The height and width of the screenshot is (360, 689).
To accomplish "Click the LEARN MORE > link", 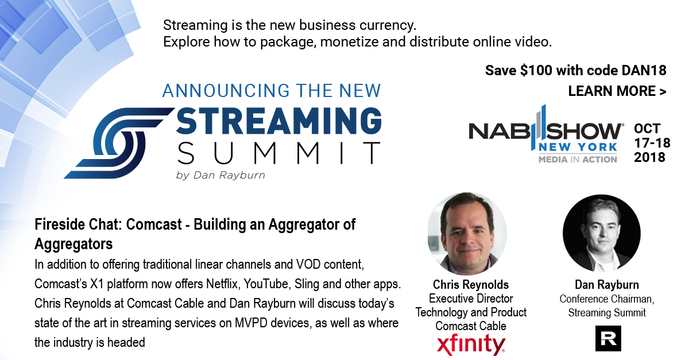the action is click(x=617, y=91).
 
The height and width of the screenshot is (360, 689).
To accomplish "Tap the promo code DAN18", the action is click(x=644, y=71).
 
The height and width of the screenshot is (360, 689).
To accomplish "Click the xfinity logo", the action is click(x=471, y=344).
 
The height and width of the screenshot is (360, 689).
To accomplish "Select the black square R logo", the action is click(x=608, y=338).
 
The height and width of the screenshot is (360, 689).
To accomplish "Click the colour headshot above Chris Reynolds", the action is click(x=467, y=234).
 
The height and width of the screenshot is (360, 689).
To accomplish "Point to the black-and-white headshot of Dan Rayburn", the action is click(x=602, y=234).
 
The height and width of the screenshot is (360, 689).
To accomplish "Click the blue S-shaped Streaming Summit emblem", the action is click(x=118, y=143).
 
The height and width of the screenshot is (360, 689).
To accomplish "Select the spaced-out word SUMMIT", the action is click(x=278, y=153).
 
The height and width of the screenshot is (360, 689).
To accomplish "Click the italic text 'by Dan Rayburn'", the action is click(x=220, y=175).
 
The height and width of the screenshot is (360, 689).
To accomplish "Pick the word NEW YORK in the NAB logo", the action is click(x=578, y=147).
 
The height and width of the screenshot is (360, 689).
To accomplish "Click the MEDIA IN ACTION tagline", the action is click(x=578, y=160).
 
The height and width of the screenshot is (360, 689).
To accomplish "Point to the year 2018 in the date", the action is click(x=649, y=157).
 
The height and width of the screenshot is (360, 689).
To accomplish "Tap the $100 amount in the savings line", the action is click(x=536, y=71).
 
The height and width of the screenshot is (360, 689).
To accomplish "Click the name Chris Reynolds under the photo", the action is click(x=471, y=285).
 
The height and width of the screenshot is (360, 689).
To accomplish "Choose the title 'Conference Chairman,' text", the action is click(x=606, y=299).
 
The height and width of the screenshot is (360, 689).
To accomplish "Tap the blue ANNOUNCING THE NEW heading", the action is click(x=272, y=91).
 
